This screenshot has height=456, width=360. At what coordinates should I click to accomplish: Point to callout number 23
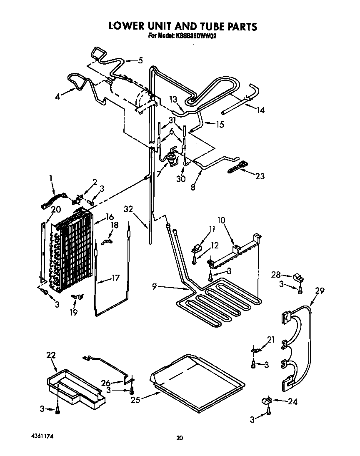click(260, 176)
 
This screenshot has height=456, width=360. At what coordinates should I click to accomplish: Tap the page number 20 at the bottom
click(179, 438)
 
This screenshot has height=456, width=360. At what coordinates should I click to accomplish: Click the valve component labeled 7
click(170, 159)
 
